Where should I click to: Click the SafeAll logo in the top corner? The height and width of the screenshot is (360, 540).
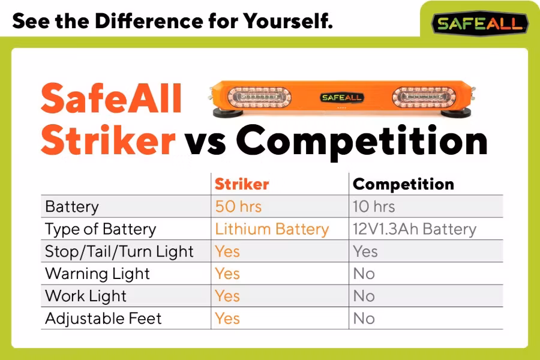point(480,23)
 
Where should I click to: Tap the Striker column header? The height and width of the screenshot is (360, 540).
point(242,184)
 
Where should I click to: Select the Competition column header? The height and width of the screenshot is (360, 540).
point(403,184)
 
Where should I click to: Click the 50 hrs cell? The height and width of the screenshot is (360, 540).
point(238,206)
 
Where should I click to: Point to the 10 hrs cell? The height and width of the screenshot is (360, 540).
point(374,206)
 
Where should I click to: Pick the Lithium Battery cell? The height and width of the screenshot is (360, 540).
point(272,229)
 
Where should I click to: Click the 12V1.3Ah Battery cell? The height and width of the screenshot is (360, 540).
point(415,229)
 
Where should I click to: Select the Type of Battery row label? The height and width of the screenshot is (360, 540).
point(100,229)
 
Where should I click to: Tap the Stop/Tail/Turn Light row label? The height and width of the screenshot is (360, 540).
point(119,251)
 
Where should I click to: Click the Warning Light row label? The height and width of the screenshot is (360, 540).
point(97,274)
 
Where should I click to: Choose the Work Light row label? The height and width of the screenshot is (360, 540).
point(86,296)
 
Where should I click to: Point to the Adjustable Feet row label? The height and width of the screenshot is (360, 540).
point(103,318)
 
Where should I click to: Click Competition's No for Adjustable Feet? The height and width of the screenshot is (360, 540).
point(364,318)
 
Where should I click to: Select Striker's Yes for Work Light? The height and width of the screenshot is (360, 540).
point(227,296)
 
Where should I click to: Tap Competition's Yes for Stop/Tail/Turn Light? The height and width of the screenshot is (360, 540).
point(365,251)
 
